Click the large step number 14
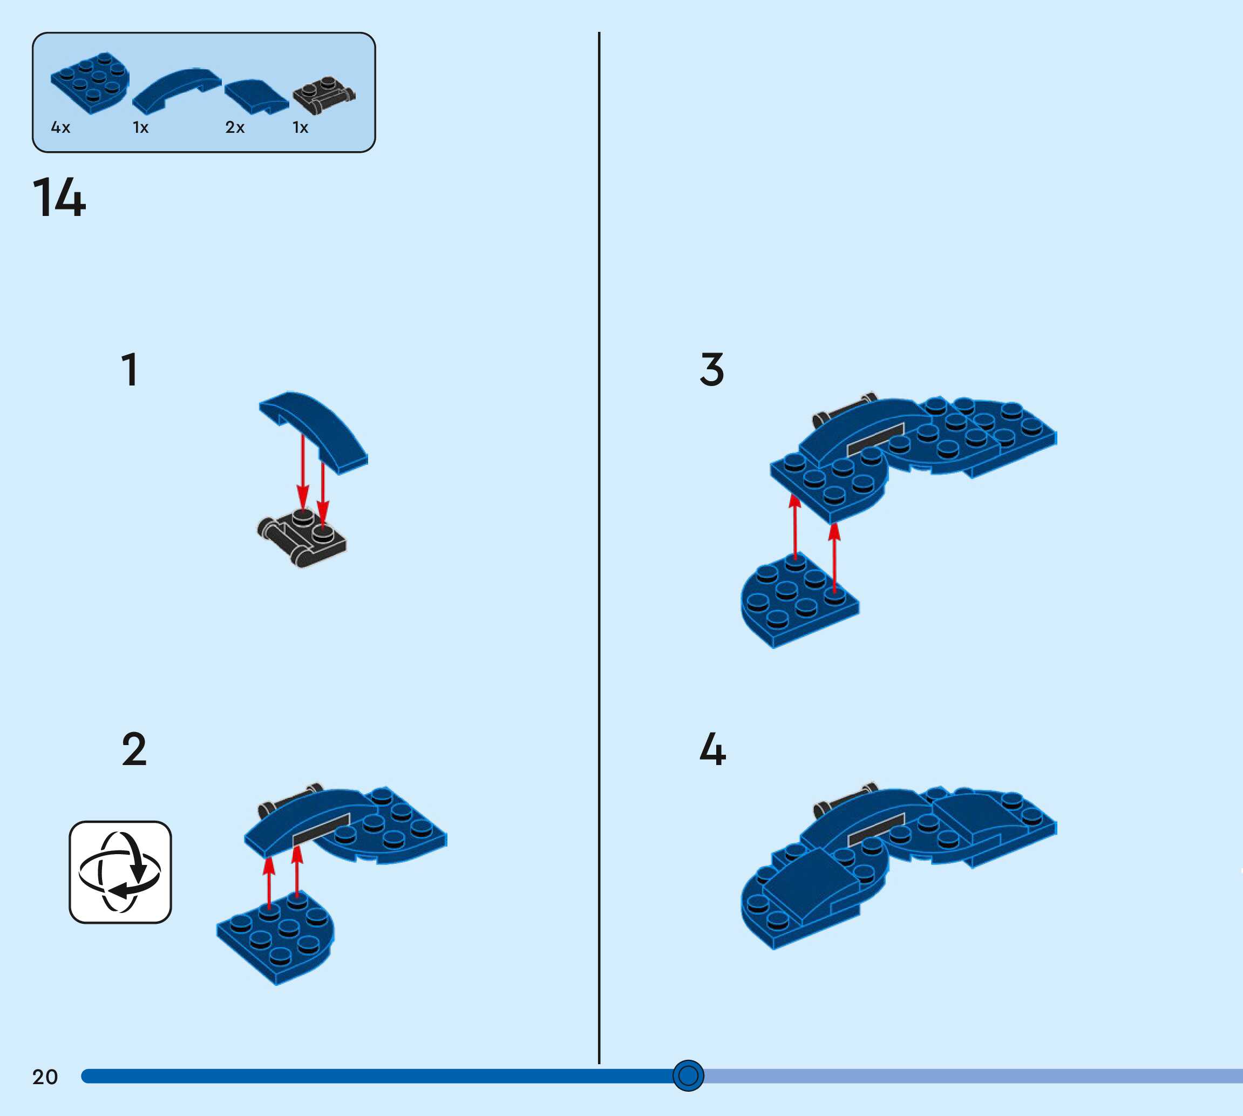pos(59,198)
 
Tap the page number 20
pos(45,1077)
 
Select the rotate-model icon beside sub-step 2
pos(120,872)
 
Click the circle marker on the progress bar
pos(688,1076)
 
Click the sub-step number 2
pos(134,749)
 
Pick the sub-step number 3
pos(711,370)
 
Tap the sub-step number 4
pos(712,749)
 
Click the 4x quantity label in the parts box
pos(60,127)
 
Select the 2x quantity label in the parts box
pos(235,127)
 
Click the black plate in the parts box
pos(323,95)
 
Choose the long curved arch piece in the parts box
pos(176,90)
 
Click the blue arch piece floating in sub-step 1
pos(314,429)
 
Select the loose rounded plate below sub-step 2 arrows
pos(276,935)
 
